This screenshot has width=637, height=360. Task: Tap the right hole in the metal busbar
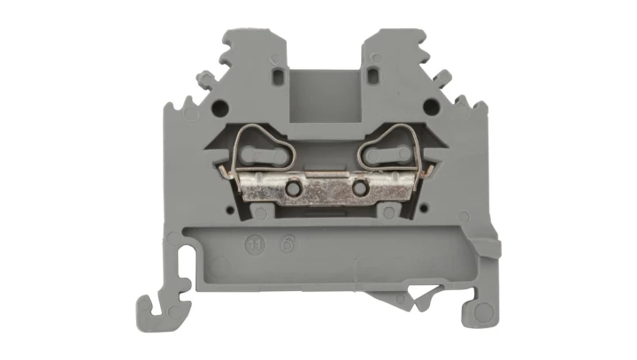point(359,189)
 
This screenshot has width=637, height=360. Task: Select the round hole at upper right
point(431,107)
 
